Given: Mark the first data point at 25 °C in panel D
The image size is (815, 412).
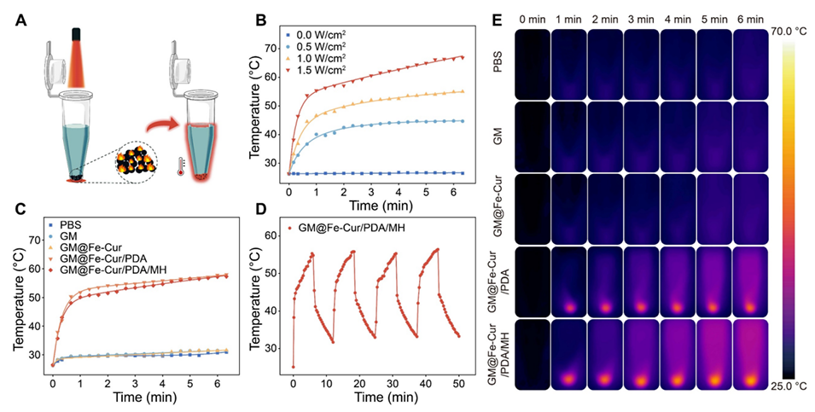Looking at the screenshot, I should pyautogui.click(x=294, y=367).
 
